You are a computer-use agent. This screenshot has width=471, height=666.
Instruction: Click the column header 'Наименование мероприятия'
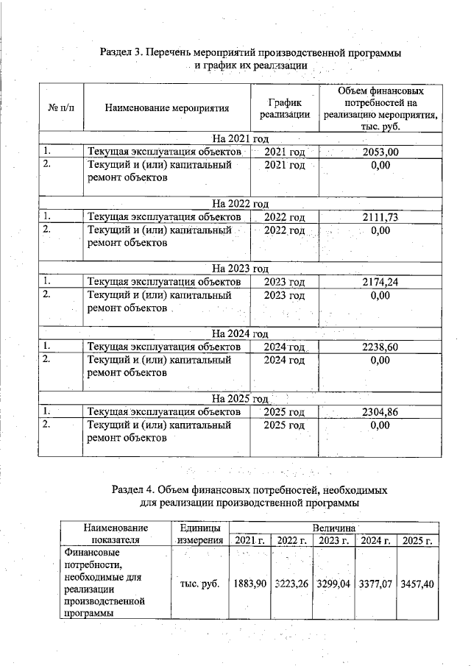coord(167,108)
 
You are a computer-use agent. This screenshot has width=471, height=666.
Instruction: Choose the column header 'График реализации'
coord(283,108)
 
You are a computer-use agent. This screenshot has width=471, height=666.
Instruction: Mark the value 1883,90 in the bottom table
coord(249,583)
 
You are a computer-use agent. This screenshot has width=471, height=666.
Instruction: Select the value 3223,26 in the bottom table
coord(292,583)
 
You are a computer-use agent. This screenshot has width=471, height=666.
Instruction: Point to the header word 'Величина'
coord(334,528)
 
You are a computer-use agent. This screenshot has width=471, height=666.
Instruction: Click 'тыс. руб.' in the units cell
coord(199,583)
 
